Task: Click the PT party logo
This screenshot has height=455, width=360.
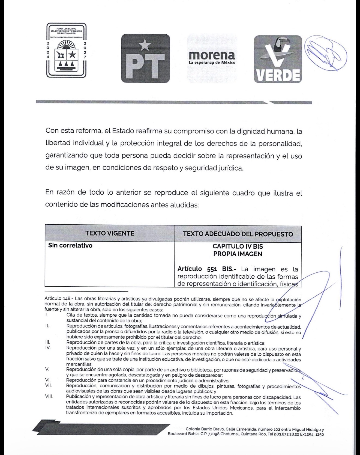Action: pyautogui.click(x=145, y=58)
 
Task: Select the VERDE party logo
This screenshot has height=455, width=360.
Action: pyautogui.click(x=278, y=59)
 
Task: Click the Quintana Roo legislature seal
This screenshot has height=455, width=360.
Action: pyautogui.click(x=66, y=50)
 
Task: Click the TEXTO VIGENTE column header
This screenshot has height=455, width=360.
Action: pyautogui.click(x=110, y=233)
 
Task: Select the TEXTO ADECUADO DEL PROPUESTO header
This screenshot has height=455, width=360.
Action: pyautogui.click(x=238, y=234)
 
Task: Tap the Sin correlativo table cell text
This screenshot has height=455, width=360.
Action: pyautogui.click(x=70, y=245)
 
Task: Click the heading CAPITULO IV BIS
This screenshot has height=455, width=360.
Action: pyautogui.click(x=238, y=246)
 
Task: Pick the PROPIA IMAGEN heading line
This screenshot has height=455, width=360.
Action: pyautogui.click(x=238, y=254)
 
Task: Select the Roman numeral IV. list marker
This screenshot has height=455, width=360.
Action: pyautogui.click(x=48, y=348)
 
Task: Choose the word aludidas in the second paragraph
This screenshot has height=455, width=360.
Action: pyautogui.click(x=185, y=205)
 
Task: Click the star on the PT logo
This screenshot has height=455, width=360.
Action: pyautogui.click(x=145, y=45)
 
